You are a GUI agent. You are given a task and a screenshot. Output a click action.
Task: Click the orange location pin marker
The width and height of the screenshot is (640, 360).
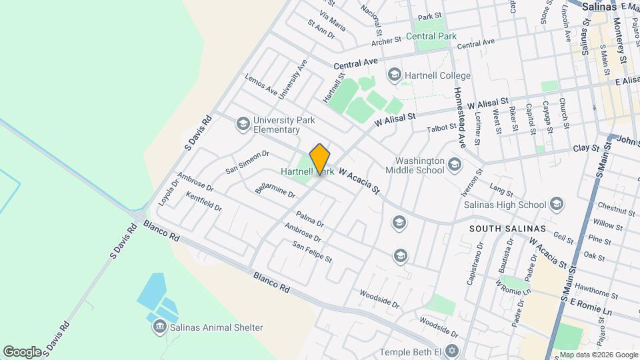(x=320, y=159)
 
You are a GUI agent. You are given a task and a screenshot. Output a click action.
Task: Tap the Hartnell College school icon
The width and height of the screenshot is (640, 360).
(x=394, y=75)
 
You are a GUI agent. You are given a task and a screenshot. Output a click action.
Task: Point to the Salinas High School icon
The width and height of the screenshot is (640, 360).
(x=557, y=204)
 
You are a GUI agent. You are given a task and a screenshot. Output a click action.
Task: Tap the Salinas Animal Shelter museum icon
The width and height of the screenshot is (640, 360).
(x=159, y=327)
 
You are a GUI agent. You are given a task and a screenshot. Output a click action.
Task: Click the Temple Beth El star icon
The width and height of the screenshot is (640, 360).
(x=453, y=351)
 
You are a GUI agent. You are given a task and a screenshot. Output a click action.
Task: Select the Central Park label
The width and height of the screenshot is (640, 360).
(x=435, y=35)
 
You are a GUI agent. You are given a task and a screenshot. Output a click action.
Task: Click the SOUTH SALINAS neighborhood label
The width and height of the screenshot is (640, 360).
(x=507, y=229)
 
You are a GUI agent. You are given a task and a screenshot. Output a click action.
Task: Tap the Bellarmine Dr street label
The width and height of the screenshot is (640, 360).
(x=275, y=189)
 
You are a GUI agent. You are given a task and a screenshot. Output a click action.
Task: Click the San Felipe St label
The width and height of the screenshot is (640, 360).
(x=312, y=251)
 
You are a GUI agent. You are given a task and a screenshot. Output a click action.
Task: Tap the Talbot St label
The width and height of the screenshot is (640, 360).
(x=441, y=125)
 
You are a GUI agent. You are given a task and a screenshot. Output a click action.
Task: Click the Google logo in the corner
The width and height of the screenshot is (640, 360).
(x=23, y=351)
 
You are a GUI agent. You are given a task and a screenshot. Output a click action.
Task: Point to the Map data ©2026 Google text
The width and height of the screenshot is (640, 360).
(x=598, y=355)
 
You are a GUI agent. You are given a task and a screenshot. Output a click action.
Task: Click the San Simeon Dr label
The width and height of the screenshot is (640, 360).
(x=247, y=161)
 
